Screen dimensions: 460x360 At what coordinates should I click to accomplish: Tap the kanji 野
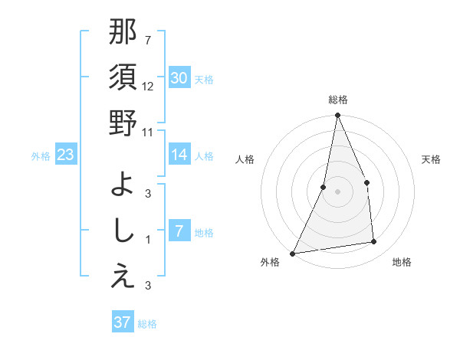click(x=123, y=123)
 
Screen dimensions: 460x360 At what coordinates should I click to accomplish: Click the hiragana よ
click(x=123, y=184)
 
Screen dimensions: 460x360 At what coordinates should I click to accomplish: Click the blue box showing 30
click(x=179, y=77)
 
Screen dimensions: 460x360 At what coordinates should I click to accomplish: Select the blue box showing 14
click(x=179, y=155)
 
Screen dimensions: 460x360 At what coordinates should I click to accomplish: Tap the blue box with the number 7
click(x=179, y=231)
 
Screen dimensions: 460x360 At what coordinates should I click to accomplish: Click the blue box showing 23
click(x=66, y=155)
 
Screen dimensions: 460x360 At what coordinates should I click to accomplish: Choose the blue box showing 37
click(x=122, y=322)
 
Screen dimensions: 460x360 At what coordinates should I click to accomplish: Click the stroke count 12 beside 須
click(x=148, y=87)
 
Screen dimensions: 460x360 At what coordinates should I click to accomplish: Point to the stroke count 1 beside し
click(x=148, y=240)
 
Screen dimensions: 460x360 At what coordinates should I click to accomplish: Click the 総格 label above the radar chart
click(x=337, y=100)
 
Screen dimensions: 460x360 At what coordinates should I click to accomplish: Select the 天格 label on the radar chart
click(x=432, y=159)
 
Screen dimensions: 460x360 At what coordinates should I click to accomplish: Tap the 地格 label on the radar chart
click(x=402, y=262)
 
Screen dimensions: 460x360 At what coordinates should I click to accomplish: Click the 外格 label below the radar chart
click(x=270, y=262)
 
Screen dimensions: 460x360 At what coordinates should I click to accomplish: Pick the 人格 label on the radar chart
click(x=245, y=159)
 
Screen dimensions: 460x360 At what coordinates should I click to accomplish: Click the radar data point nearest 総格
click(x=337, y=116)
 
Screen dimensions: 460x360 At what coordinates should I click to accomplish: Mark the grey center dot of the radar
click(x=337, y=191)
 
